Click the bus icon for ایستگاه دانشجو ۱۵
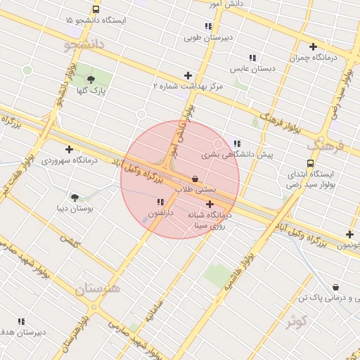[96, 10]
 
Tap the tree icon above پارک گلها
[91, 79]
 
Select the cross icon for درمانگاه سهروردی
[69, 149]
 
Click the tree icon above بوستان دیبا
[75, 198]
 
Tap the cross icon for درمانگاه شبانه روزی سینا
[210, 204]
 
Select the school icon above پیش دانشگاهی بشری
[237, 143]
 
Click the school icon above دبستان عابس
[252, 58]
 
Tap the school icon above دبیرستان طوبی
[212, 25]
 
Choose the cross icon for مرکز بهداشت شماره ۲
[188, 75]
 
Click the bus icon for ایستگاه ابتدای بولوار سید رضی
[311, 163]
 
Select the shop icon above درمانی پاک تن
[335, 287]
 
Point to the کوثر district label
[297, 321]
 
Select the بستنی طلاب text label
[195, 190]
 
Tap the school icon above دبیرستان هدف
[21, 321]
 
